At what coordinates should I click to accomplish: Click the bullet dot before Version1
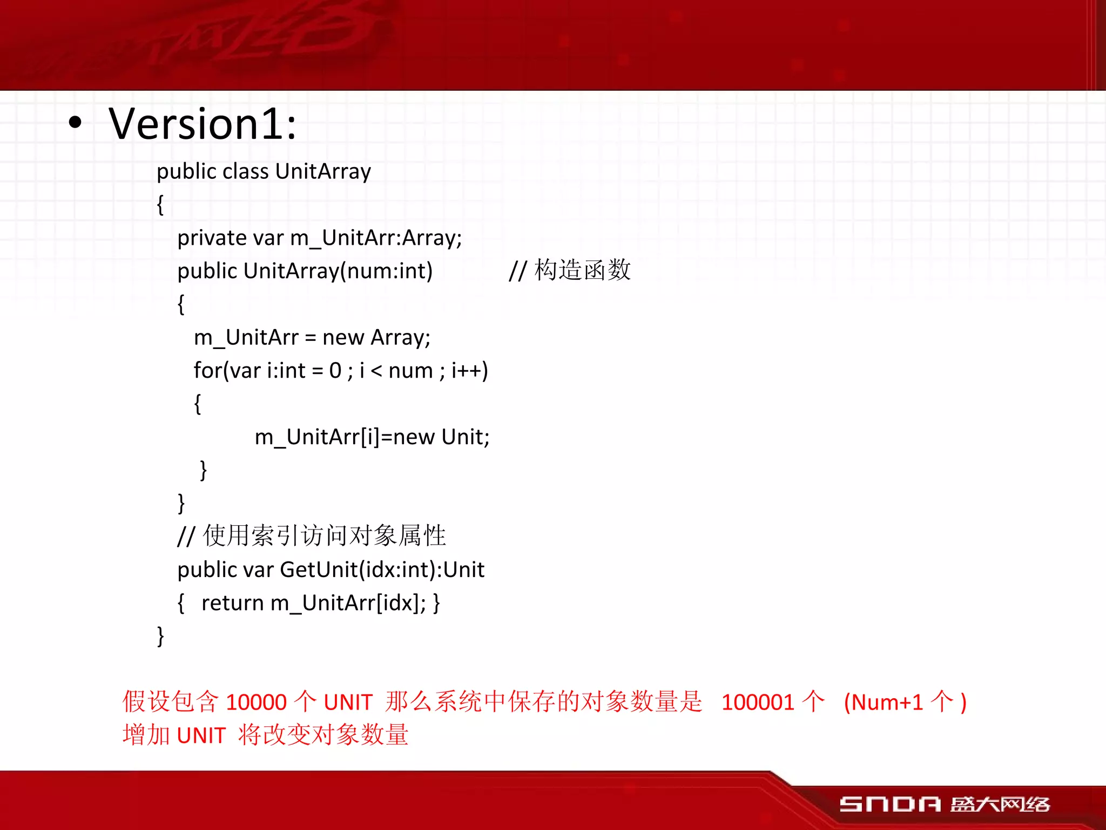point(76,123)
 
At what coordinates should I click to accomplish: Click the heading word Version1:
point(203,124)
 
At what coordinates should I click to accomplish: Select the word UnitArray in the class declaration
point(323,171)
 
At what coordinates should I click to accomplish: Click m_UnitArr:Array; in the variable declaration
point(376,238)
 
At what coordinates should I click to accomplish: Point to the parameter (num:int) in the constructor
point(387,271)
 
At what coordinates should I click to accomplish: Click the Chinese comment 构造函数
point(582,270)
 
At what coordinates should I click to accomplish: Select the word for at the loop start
point(207,371)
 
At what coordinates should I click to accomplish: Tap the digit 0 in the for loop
point(335,371)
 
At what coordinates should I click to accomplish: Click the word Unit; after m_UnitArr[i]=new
point(465,437)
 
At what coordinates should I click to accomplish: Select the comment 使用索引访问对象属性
point(324,536)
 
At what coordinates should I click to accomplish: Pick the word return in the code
point(232,603)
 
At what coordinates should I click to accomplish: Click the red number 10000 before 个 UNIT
point(256,702)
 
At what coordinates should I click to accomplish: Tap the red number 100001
point(757,702)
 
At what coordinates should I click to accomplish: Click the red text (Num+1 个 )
point(905,702)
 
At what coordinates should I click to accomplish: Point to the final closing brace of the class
point(160,636)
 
